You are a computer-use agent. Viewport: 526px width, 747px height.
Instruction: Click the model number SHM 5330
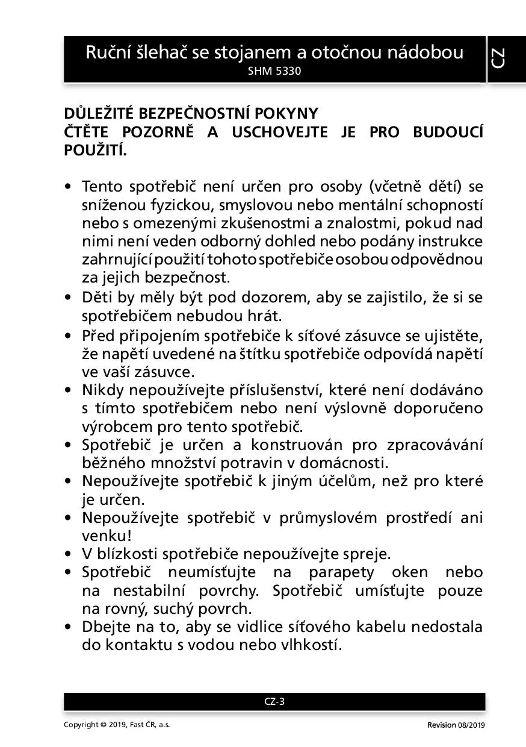coord(274,70)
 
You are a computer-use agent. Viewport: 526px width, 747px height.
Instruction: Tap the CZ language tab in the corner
coord(498,58)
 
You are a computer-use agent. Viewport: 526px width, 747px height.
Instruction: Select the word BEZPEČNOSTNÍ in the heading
coord(196,114)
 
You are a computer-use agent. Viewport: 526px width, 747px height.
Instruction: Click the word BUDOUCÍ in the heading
coord(448,133)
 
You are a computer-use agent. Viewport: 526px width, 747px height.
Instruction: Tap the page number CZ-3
coord(274,701)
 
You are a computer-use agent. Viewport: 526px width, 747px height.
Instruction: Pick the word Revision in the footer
coord(442,725)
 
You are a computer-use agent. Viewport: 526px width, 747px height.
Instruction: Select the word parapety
coord(341,572)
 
